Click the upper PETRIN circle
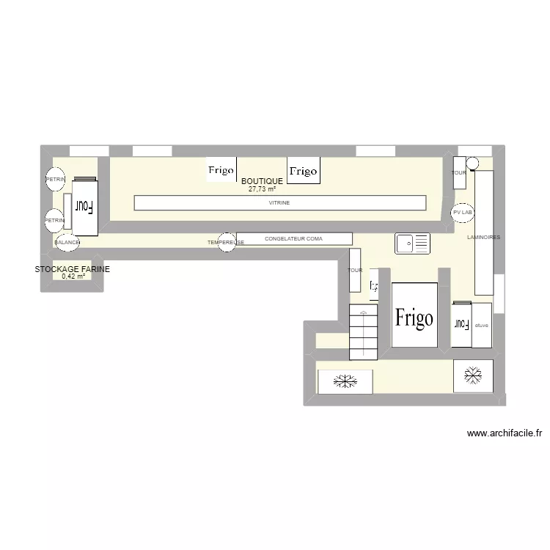click(x=55, y=180)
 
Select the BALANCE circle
click(x=66, y=242)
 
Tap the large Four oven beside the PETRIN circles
click(x=85, y=206)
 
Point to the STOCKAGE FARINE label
click(x=73, y=269)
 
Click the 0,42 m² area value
click(x=73, y=277)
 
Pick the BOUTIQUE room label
click(x=262, y=180)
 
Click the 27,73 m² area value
click(x=262, y=189)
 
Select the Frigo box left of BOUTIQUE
click(x=221, y=169)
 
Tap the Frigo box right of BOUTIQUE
click(x=302, y=170)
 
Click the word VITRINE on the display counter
click(x=279, y=202)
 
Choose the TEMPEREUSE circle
click(x=227, y=242)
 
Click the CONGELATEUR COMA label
click(x=293, y=238)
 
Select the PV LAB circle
click(x=463, y=212)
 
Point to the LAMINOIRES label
click(x=483, y=238)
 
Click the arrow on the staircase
click(x=364, y=312)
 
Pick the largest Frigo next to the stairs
click(x=414, y=316)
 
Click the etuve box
click(x=482, y=325)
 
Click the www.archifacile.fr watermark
click(x=504, y=433)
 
